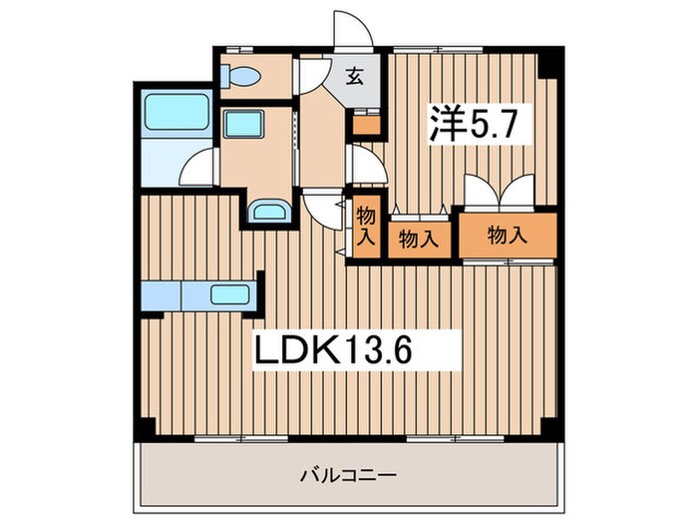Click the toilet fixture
pyautogui.click(x=242, y=77)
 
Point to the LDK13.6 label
pyautogui.click(x=330, y=350)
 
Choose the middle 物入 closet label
pyautogui.click(x=419, y=239)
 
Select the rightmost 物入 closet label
pyautogui.click(x=508, y=236)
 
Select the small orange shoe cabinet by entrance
pyautogui.click(x=366, y=125)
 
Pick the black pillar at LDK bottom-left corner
pyautogui.click(x=146, y=426)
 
